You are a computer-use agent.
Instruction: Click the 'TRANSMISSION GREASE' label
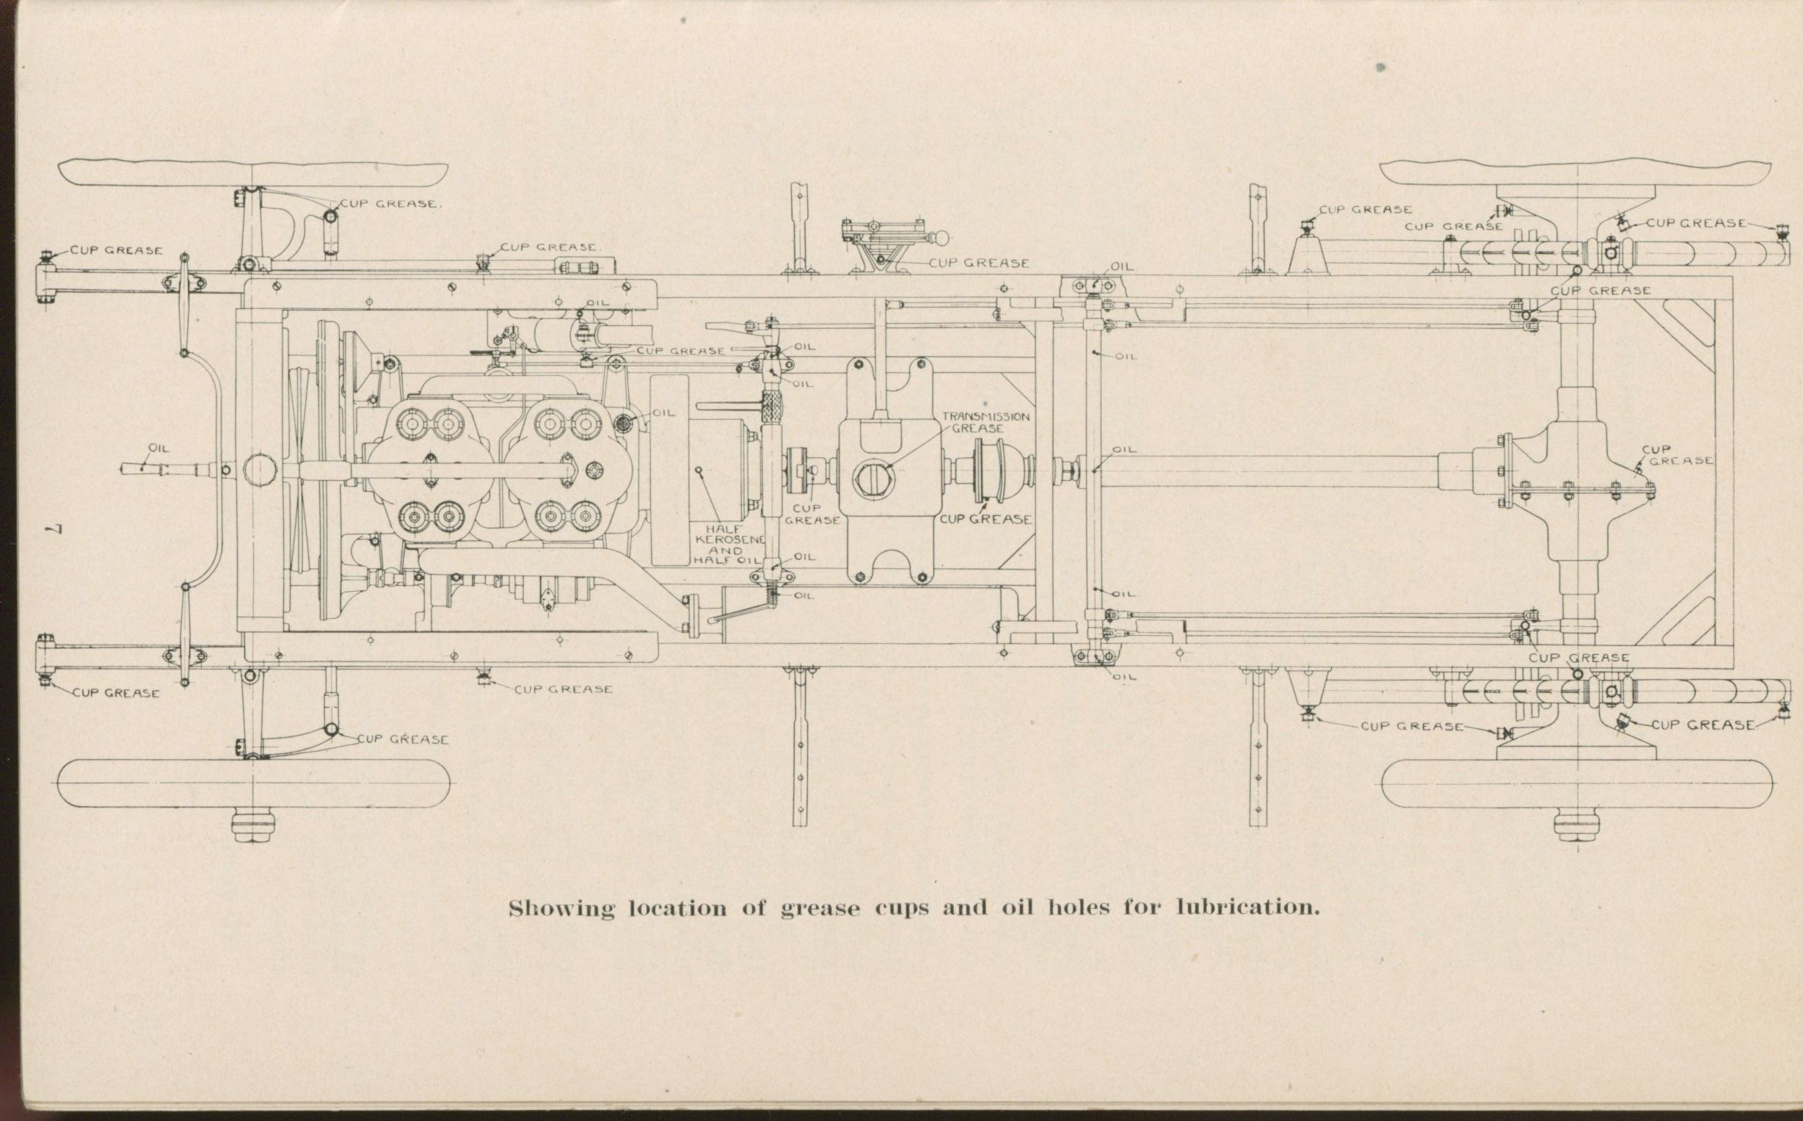pyautogui.click(x=985, y=422)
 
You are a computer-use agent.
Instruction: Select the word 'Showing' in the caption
pyautogui.click(x=561, y=909)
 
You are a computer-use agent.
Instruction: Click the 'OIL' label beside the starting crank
pyautogui.click(x=159, y=449)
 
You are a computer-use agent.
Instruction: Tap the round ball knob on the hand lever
pyautogui.click(x=941, y=239)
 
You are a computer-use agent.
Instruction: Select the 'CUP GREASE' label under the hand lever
pyautogui.click(x=978, y=263)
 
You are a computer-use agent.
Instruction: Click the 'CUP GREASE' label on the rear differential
pyautogui.click(x=1677, y=455)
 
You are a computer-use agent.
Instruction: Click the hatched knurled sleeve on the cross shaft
pyautogui.click(x=771, y=406)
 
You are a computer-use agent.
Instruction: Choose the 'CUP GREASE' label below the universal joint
pyautogui.click(x=986, y=520)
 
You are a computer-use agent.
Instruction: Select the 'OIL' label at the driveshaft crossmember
pyautogui.click(x=1123, y=450)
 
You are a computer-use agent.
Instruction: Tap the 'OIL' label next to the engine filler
pyautogui.click(x=663, y=413)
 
